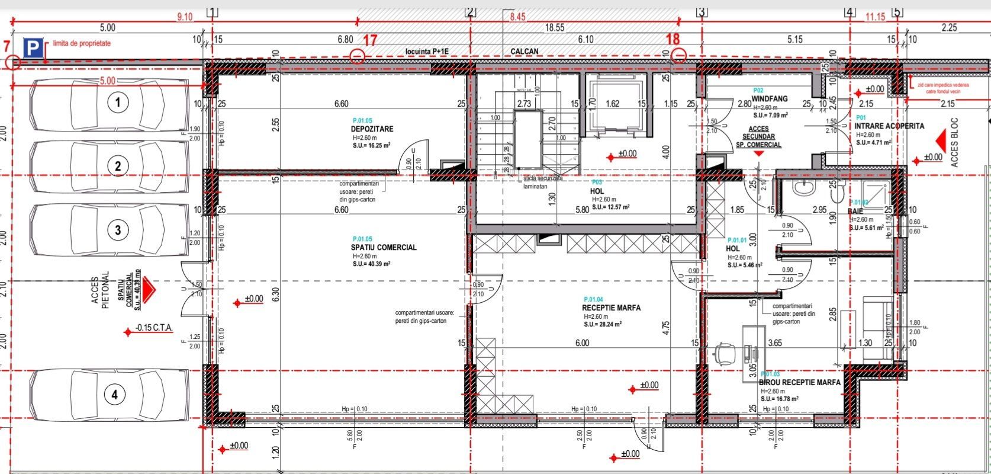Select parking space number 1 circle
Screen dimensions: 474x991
(118, 103)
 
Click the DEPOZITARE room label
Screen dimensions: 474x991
(372, 129)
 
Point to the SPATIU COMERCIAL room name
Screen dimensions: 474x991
(384, 248)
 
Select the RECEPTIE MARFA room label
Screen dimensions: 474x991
(611, 308)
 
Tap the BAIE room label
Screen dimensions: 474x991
(855, 210)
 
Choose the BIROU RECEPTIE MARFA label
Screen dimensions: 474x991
(799, 383)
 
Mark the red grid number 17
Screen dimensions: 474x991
(370, 40)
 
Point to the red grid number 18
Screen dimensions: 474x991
(673, 40)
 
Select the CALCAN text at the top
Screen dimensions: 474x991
(525, 52)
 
